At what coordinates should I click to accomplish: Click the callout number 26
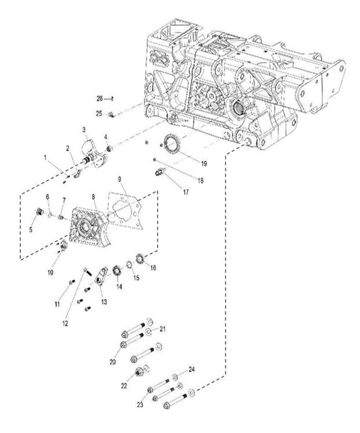pyautogui.click(x=99, y=98)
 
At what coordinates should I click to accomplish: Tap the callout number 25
pyautogui.click(x=99, y=112)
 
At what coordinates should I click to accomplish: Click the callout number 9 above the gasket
pyautogui.click(x=119, y=179)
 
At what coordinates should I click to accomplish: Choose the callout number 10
pyautogui.click(x=51, y=271)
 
